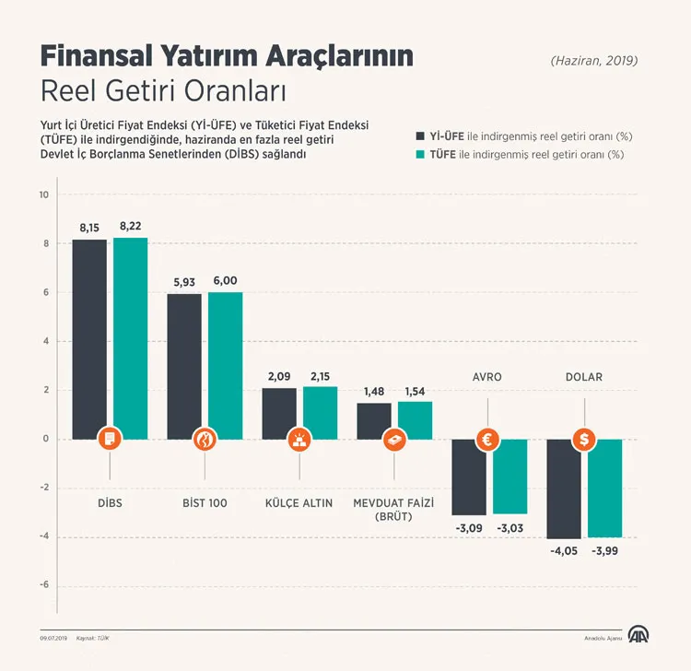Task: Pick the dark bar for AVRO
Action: click(469, 477)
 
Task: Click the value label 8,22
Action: click(130, 226)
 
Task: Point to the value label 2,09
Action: click(279, 376)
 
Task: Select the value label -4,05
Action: click(563, 552)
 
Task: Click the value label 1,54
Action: click(414, 391)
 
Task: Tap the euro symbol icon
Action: click(488, 440)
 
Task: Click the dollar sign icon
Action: click(583, 440)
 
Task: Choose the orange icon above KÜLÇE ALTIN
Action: click(299, 440)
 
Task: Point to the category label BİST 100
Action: click(205, 503)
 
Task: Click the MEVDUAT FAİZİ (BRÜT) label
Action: click(394, 510)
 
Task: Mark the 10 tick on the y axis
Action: click(43, 194)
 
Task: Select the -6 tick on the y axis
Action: click(43, 586)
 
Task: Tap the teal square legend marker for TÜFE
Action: click(422, 155)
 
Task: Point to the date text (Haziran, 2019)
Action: click(594, 61)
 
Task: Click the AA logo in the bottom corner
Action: click(638, 636)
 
